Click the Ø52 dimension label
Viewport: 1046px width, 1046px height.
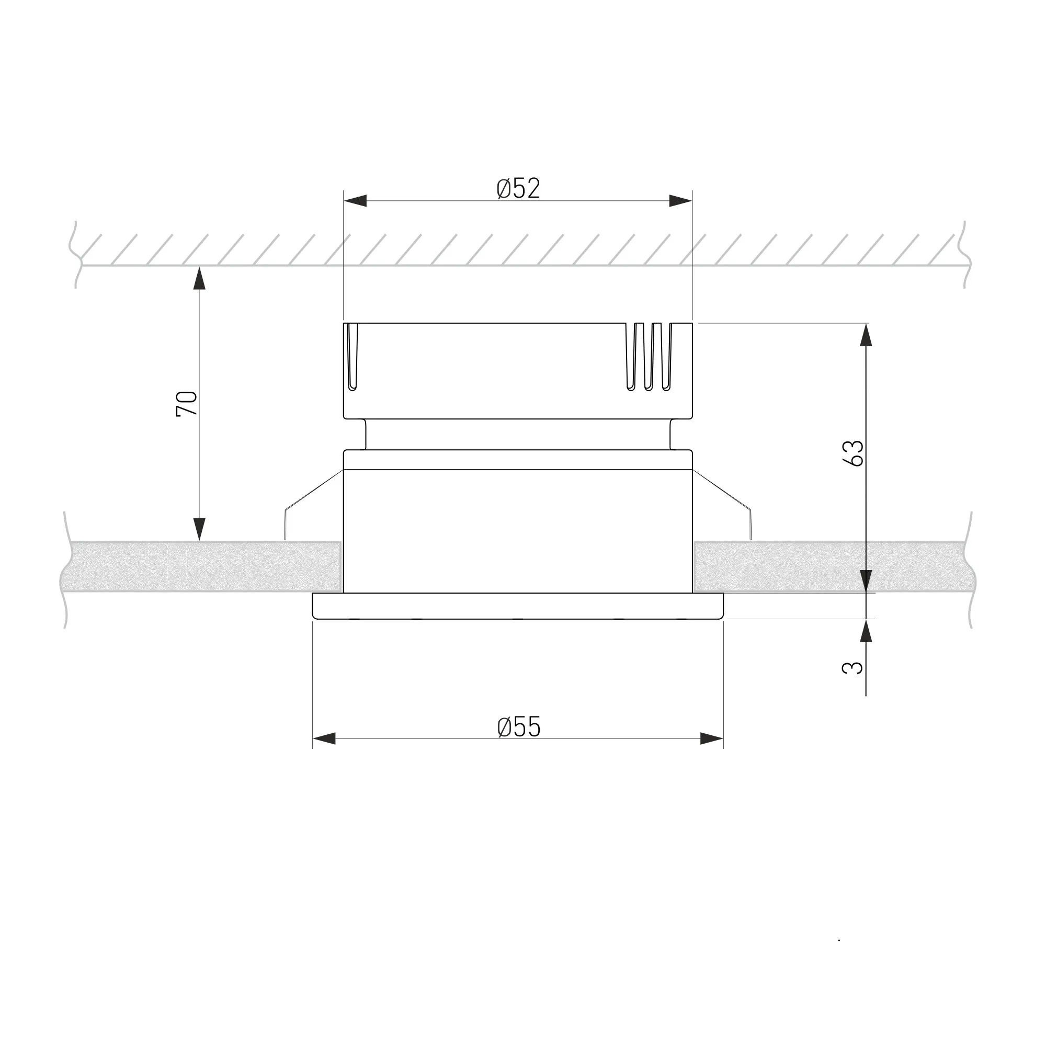tap(518, 188)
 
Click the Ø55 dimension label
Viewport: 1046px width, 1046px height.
tap(519, 726)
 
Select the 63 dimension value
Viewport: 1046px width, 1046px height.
tap(853, 453)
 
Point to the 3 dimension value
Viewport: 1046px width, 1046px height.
tap(852, 667)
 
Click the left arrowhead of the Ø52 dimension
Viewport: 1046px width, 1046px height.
tap(355, 201)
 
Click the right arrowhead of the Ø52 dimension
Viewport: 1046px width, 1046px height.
tap(680, 201)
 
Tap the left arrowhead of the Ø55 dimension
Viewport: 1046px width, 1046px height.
tap(324, 738)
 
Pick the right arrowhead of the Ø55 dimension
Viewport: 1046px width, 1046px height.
tap(711, 738)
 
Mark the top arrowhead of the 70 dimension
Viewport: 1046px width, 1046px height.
tap(200, 278)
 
